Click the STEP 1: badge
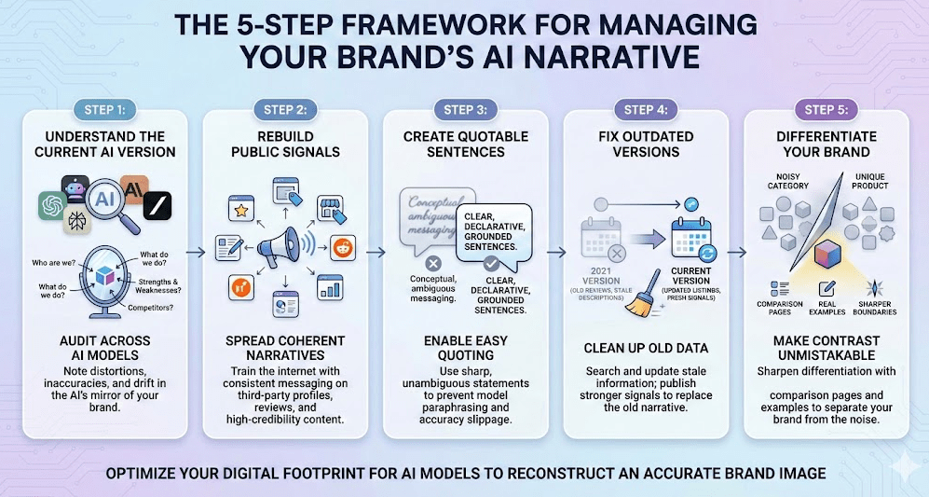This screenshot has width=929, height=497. tap(104, 109)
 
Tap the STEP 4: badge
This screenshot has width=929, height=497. tap(646, 109)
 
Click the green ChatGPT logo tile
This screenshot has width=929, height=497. tap(55, 206)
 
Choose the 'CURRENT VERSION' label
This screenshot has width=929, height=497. tap(690, 276)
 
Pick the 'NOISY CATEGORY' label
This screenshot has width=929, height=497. tap(787, 181)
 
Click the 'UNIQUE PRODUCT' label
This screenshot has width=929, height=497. tap(869, 181)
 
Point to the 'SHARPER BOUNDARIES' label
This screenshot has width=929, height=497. tap(874, 309)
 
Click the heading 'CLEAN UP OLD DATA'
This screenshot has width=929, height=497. tap(645, 348)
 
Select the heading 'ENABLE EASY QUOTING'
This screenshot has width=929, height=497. tap(465, 348)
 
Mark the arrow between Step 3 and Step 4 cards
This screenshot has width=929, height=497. tap(555, 252)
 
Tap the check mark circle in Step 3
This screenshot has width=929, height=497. tap(491, 265)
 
